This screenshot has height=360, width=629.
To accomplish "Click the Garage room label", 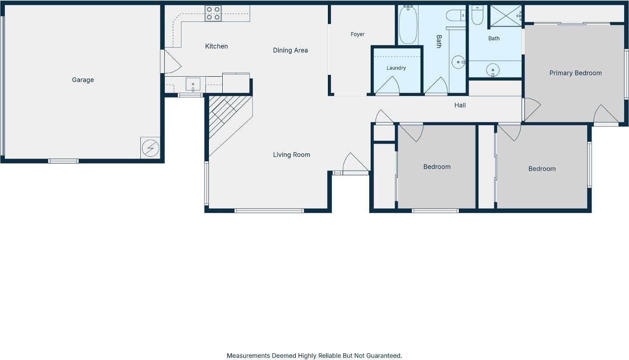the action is click(x=83, y=80).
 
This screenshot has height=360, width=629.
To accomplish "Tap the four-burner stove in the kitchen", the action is click(x=213, y=13).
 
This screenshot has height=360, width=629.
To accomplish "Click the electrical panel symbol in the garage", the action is click(x=150, y=148).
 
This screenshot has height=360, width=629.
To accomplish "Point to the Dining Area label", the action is click(x=290, y=50).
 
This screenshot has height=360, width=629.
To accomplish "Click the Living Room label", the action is click(x=291, y=155).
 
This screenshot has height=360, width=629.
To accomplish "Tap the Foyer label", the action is click(x=357, y=34).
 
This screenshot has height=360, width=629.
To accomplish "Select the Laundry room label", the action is click(x=396, y=68).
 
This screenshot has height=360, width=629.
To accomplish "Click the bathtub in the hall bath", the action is click(x=408, y=25).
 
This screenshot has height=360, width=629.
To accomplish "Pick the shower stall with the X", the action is click(x=506, y=16).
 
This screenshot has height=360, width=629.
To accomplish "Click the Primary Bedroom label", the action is click(x=576, y=73).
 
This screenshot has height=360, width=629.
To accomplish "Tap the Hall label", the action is click(x=460, y=105).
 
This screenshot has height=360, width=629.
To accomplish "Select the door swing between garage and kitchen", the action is click(x=172, y=61).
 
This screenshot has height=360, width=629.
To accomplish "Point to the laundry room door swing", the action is click(x=388, y=85).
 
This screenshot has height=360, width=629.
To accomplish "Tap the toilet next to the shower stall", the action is click(x=477, y=15).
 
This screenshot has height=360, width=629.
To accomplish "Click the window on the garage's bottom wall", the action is click(x=63, y=161).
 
